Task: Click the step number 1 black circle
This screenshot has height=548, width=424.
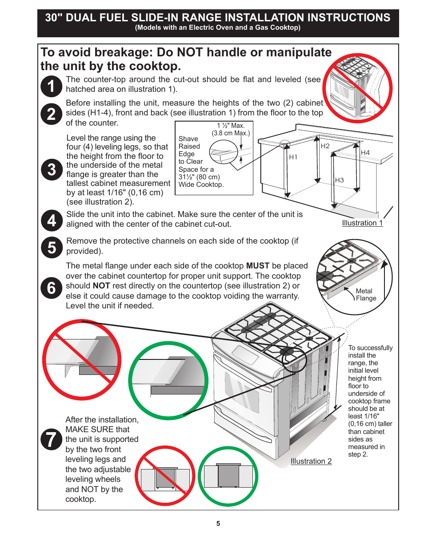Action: point(51,86)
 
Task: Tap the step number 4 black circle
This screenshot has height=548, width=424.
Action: point(52,221)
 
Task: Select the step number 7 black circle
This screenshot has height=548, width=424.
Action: point(52,439)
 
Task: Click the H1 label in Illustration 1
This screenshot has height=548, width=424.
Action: point(293,157)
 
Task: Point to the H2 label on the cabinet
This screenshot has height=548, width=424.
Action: point(325,146)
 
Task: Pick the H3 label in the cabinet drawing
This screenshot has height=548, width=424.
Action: point(340,180)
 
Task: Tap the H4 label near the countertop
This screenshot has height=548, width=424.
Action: point(365,153)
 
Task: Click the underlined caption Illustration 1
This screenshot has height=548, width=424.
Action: point(362,223)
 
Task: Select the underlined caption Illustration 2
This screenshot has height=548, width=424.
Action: point(311,461)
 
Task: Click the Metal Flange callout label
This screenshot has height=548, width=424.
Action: point(366,295)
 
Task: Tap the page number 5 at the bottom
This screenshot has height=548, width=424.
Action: point(218,524)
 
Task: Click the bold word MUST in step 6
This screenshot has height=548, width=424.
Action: point(258,266)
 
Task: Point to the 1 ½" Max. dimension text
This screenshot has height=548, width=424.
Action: point(231,126)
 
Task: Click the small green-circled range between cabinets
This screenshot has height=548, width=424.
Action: point(228,476)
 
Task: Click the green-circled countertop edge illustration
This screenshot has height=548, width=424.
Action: point(168,380)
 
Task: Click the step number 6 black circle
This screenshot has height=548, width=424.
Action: point(52,288)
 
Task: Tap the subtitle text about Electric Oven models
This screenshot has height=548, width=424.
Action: point(218,28)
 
